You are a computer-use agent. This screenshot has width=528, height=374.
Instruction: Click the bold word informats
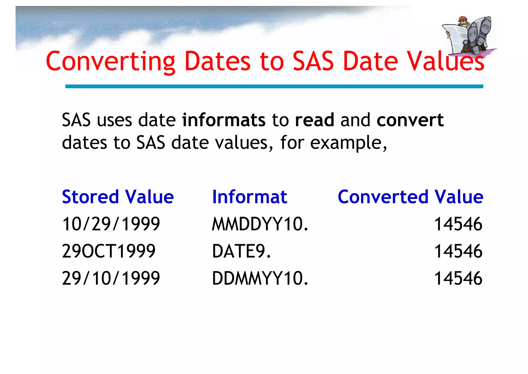point(224,120)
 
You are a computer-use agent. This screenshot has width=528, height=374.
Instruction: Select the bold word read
point(315,120)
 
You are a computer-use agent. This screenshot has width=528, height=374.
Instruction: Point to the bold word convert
point(410,120)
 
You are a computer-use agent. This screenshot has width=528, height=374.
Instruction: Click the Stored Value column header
point(118,197)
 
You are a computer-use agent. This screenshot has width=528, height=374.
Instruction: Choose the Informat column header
point(249,197)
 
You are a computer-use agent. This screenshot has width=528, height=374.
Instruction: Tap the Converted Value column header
point(410,197)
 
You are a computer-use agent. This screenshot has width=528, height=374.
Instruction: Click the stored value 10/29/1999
point(111,224)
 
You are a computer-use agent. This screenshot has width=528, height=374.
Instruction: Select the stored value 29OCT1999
point(109,251)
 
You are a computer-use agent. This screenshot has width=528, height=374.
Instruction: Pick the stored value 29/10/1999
point(111,278)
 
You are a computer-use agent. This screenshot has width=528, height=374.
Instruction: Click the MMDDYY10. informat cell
point(260,224)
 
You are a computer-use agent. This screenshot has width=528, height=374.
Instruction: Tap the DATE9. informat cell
point(242,251)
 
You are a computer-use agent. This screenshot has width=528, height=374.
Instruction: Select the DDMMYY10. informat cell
point(260,278)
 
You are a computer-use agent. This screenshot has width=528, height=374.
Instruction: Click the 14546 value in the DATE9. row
point(458,251)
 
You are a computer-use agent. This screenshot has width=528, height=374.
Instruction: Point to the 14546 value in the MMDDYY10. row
point(458,224)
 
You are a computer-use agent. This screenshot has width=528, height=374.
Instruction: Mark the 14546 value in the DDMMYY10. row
point(458,278)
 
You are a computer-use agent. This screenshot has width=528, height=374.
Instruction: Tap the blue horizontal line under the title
point(274,86)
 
